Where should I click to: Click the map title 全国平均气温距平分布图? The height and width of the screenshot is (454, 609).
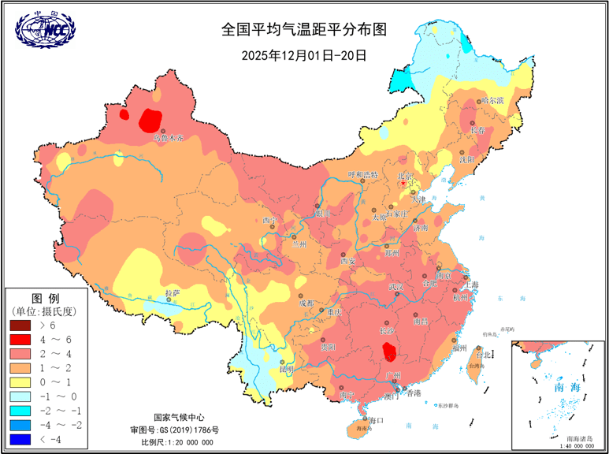pyautogui.click(x=304, y=30)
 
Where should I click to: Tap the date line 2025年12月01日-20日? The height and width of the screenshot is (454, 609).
pyautogui.click(x=304, y=55)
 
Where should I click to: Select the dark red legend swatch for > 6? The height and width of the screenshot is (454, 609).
pyautogui.click(x=23, y=325)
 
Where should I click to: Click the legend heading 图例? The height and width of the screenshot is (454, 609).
pyautogui.click(x=45, y=298)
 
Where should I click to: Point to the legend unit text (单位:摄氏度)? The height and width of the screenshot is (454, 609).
pyautogui.click(x=45, y=311)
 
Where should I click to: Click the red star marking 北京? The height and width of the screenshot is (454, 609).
pyautogui.click(x=403, y=184)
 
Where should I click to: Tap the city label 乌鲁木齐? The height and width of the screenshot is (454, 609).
pyautogui.click(x=168, y=138)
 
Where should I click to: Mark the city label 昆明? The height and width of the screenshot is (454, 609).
pyautogui.click(x=286, y=369)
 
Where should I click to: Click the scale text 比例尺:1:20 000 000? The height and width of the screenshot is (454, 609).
pyautogui.click(x=172, y=443)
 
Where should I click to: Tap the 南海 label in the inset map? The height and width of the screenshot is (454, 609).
pyautogui.click(x=566, y=388)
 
